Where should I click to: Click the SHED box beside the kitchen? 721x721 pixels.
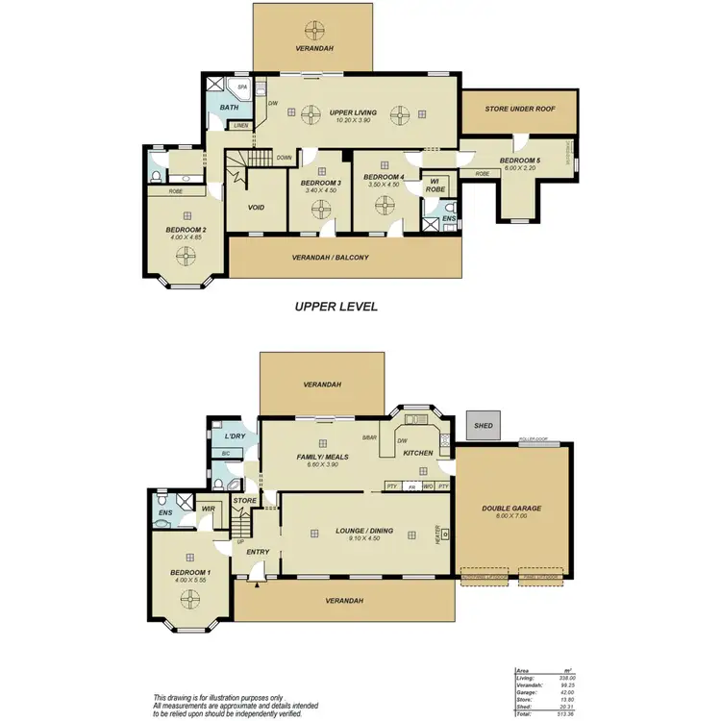(x=481, y=424)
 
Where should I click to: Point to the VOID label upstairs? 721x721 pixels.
(x=256, y=208)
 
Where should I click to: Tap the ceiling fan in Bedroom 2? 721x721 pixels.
(x=186, y=257)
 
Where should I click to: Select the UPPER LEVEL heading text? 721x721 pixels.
(x=336, y=307)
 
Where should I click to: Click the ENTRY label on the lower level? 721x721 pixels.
(x=258, y=552)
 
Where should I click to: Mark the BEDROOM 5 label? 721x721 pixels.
(x=518, y=161)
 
